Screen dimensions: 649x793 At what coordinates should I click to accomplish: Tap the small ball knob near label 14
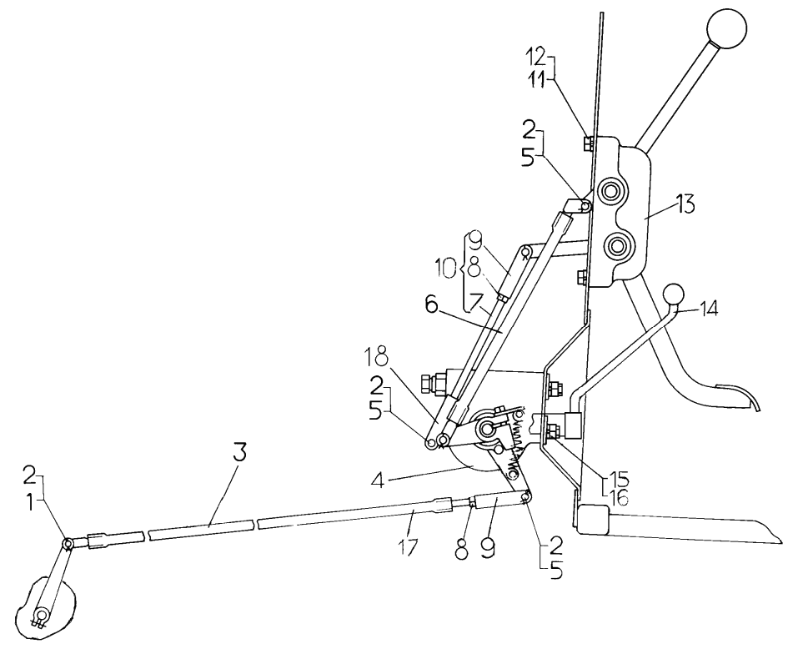[x=673, y=294]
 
